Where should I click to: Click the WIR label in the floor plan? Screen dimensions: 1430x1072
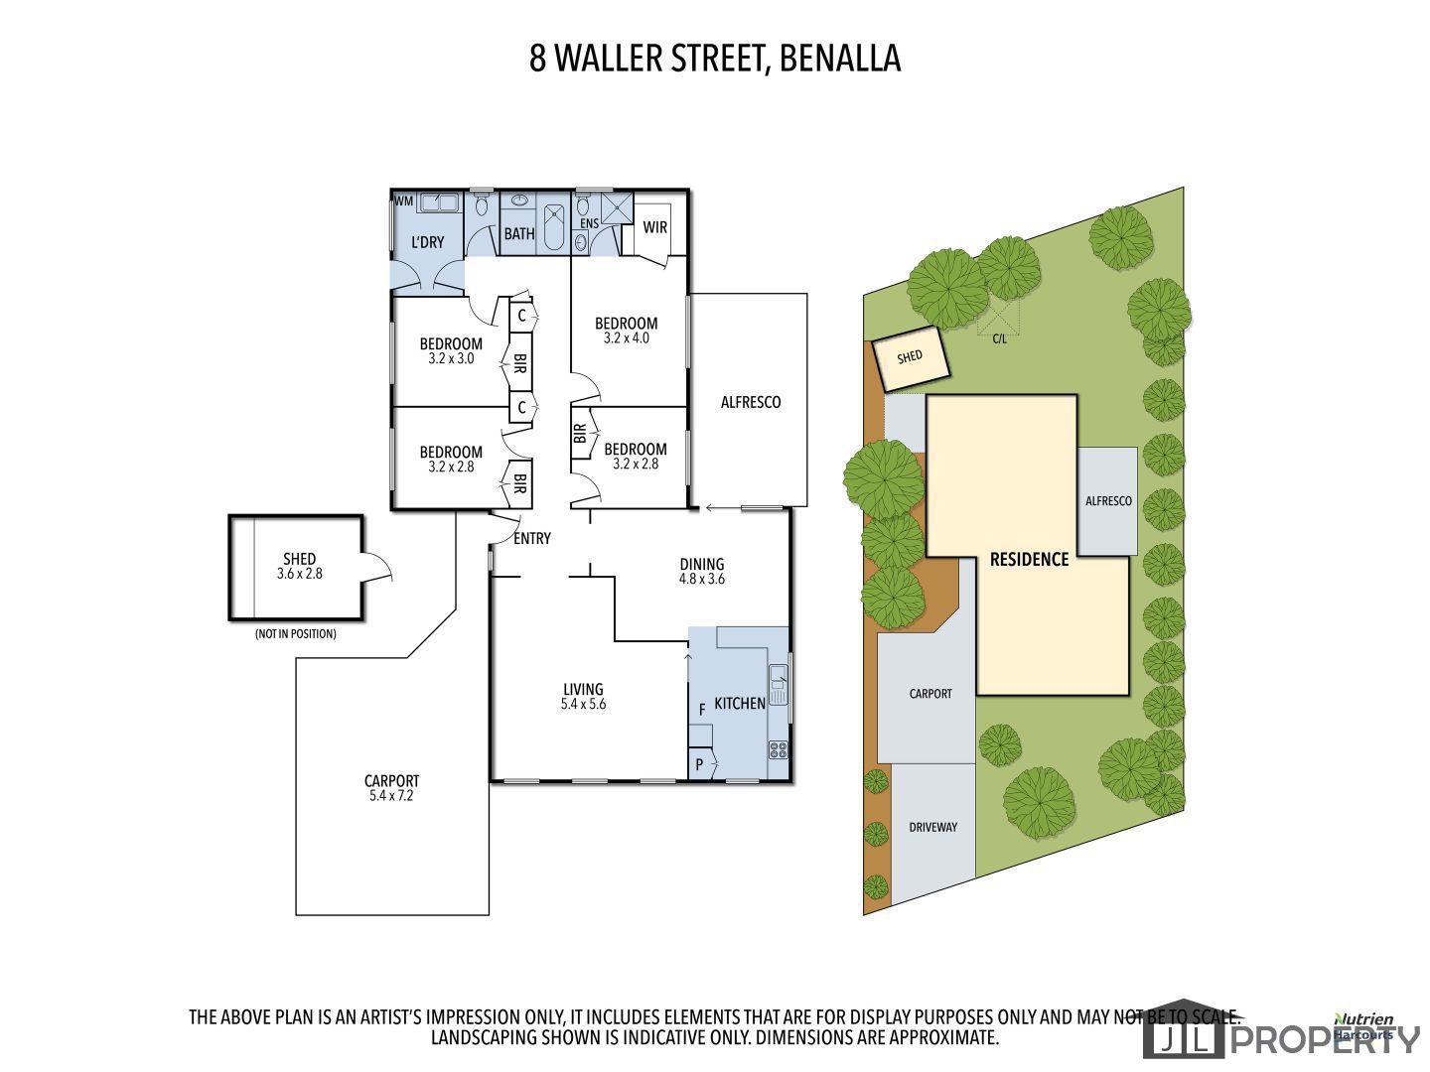(x=654, y=227)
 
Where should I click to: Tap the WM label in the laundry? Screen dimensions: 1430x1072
(x=403, y=201)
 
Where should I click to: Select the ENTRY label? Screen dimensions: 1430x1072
(x=531, y=538)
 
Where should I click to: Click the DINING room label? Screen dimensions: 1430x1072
(x=702, y=565)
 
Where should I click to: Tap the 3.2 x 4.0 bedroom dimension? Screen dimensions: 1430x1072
(x=626, y=337)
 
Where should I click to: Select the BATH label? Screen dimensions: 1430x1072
(x=519, y=233)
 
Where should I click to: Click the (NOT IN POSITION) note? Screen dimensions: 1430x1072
(x=295, y=634)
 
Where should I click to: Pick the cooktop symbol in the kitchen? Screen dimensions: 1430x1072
(x=778, y=750)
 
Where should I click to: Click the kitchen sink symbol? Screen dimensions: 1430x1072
(x=778, y=685)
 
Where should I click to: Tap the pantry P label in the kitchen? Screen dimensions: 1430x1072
(x=699, y=764)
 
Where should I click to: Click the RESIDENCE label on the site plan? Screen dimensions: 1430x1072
(x=1029, y=560)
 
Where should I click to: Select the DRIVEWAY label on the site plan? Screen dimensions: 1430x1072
(x=932, y=827)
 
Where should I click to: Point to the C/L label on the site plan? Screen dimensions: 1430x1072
(x=999, y=339)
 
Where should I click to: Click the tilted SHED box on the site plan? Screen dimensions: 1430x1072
(x=911, y=358)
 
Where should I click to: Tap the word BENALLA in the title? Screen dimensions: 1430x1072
(x=840, y=58)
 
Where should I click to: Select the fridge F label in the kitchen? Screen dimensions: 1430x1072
(x=702, y=710)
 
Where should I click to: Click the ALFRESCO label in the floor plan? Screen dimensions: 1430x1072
(x=751, y=402)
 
